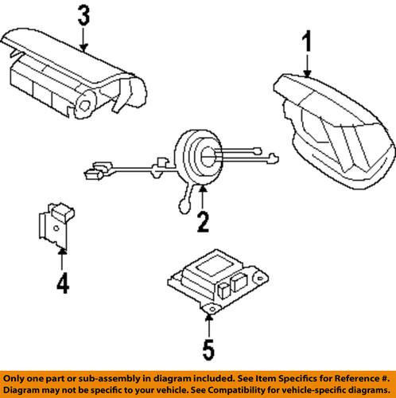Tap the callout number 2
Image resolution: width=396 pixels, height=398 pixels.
click(204, 220)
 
